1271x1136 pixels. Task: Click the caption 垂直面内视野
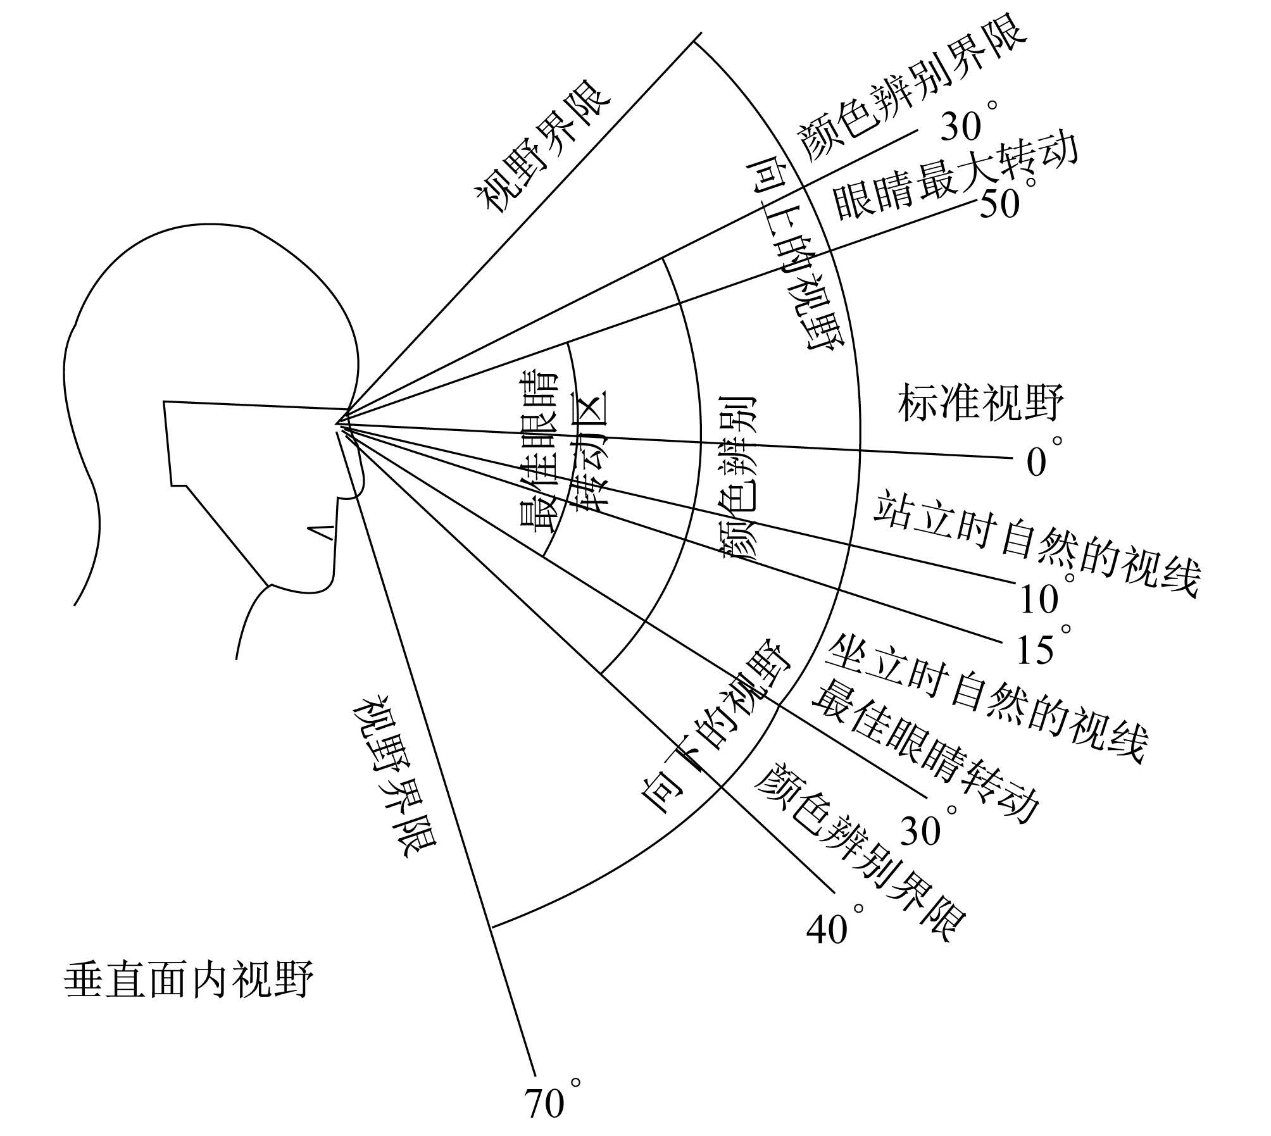189,980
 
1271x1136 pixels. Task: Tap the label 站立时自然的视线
1037,545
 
